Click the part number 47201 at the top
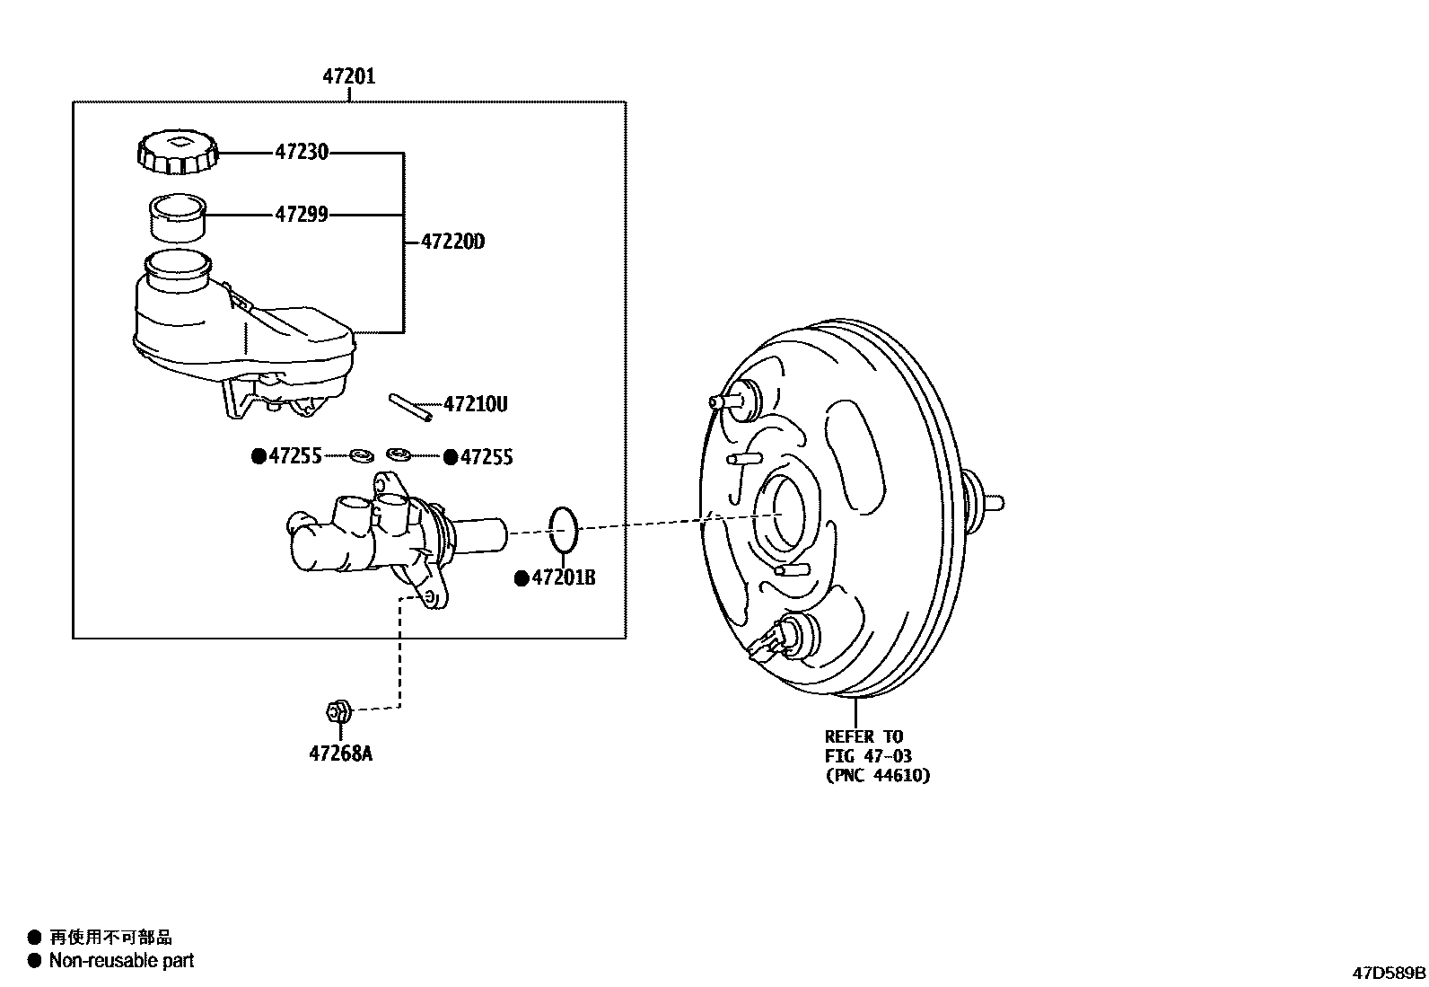349,77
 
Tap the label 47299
301,215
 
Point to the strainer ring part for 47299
178,218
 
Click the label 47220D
452,242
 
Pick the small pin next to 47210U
410,406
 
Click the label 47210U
475,405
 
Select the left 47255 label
294,457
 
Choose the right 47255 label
486,458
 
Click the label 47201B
564,578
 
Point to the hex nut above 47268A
337,711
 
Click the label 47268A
340,753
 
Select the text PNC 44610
878,775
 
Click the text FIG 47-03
868,756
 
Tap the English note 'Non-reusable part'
121,961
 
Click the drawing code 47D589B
1389,973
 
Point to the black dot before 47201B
521,579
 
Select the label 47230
301,153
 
